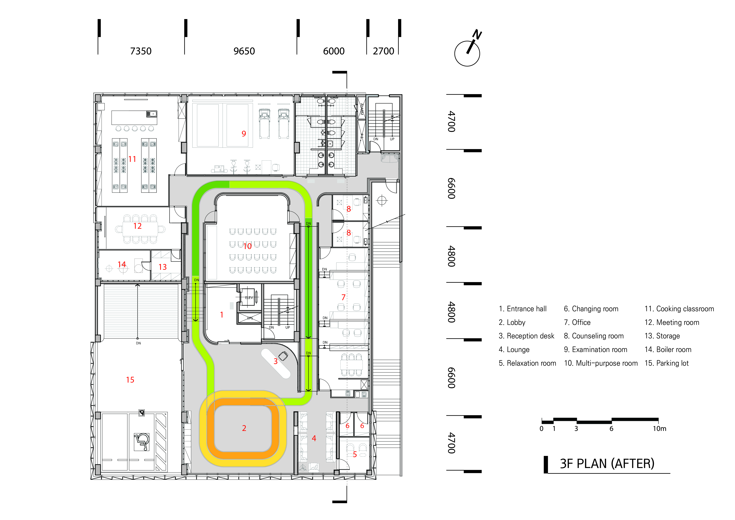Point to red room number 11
tap(132, 159)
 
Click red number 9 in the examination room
tap(244, 134)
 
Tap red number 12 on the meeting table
tap(137, 226)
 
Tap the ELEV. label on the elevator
tap(249, 298)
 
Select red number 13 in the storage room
tap(163, 267)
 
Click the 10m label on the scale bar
tap(659, 428)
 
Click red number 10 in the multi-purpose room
tap(247, 246)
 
